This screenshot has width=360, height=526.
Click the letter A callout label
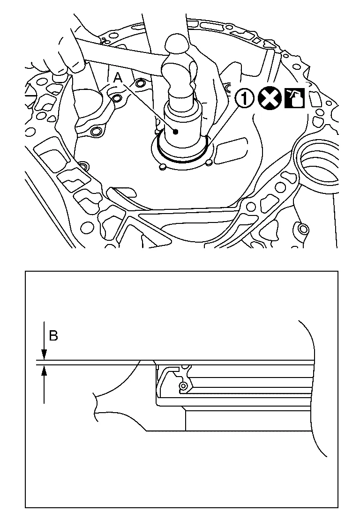[x=118, y=78]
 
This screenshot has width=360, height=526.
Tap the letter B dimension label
[x=53, y=335]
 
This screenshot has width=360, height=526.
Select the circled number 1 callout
[x=245, y=98]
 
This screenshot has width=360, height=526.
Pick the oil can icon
[x=294, y=98]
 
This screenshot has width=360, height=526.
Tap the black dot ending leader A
[x=175, y=131]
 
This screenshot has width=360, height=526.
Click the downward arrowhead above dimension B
[x=44, y=354]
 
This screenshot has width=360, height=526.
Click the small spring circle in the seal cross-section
[x=183, y=385]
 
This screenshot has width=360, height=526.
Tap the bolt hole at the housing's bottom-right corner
[x=303, y=230]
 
